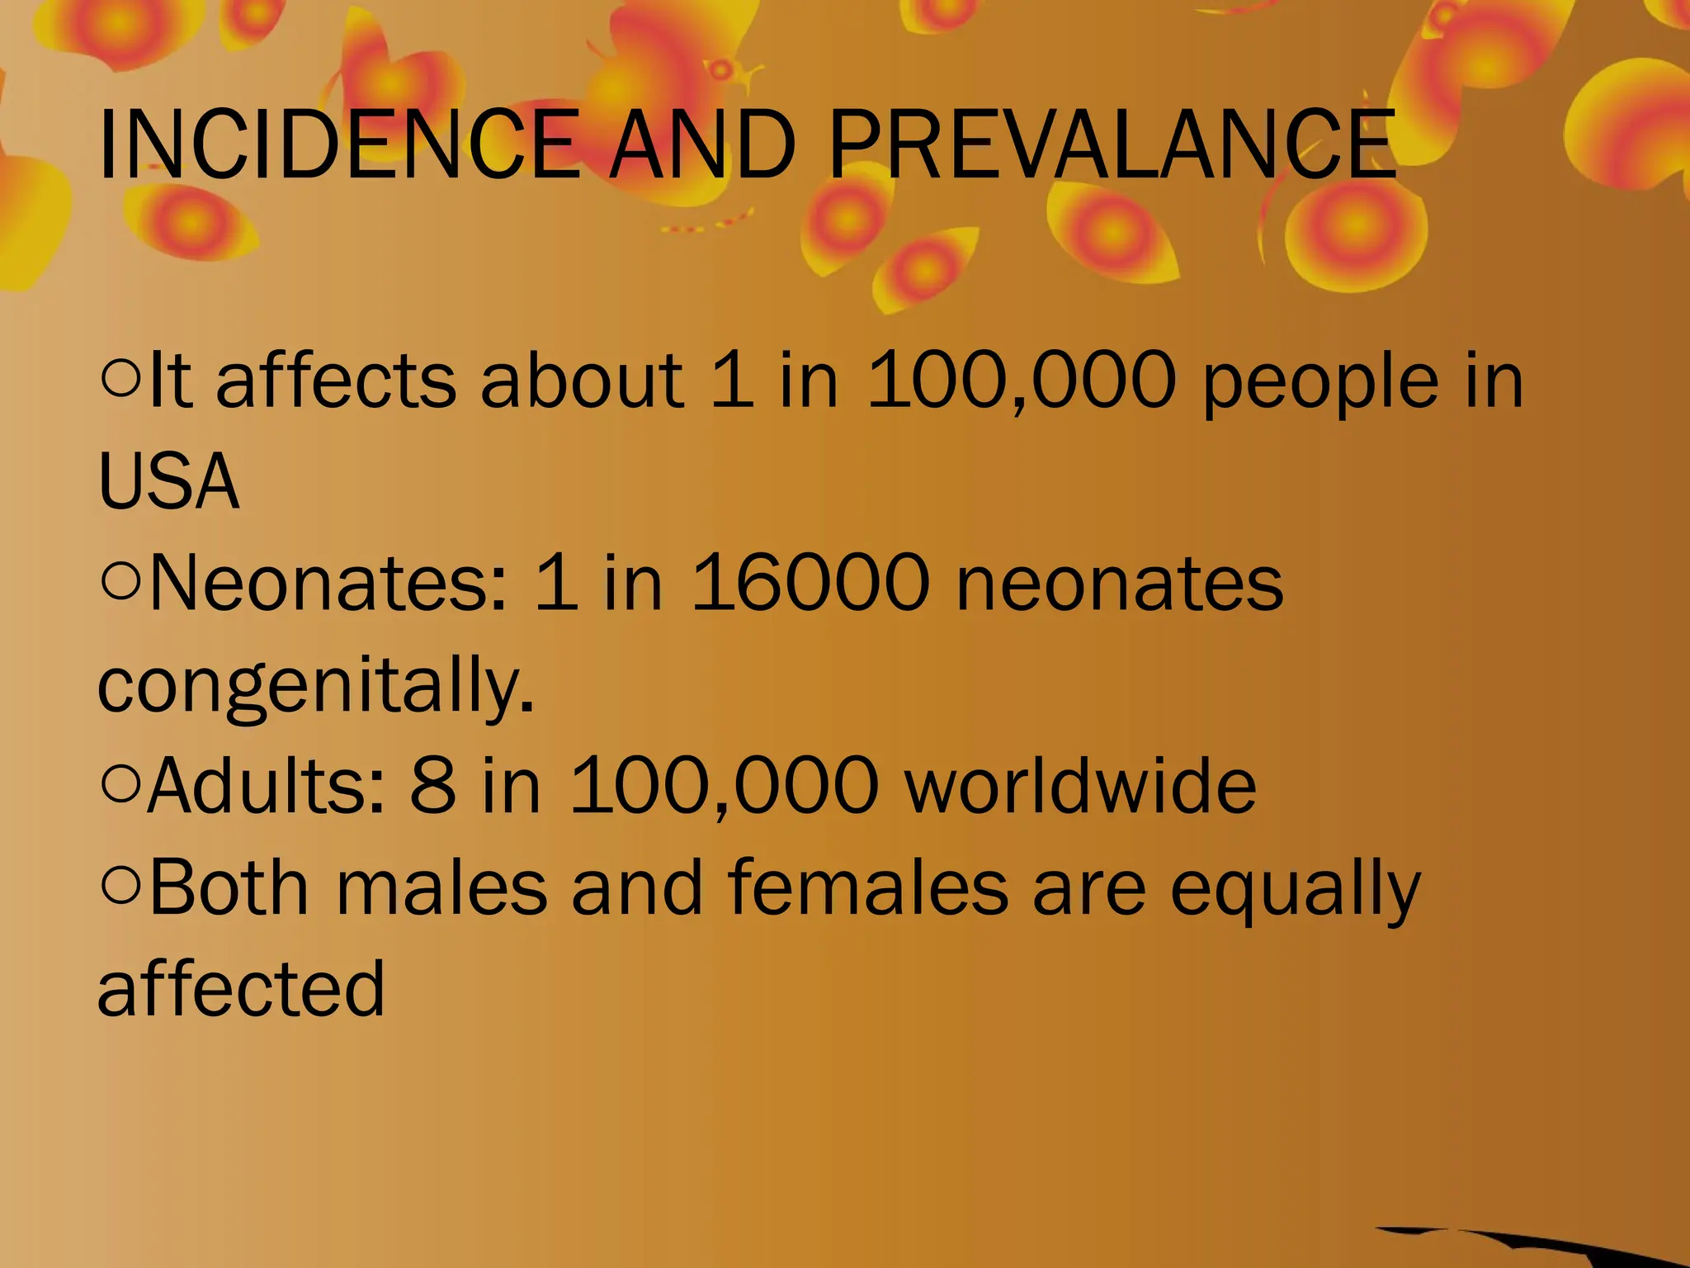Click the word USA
tap(168, 481)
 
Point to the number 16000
tap(811, 583)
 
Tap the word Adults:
tap(267, 785)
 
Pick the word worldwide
tap(1080, 785)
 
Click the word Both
tap(229, 887)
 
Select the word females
tap(867, 887)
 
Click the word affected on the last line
tap(241, 988)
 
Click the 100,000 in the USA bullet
tap(1021, 381)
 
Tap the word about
tap(582, 381)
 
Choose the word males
tap(441, 887)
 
